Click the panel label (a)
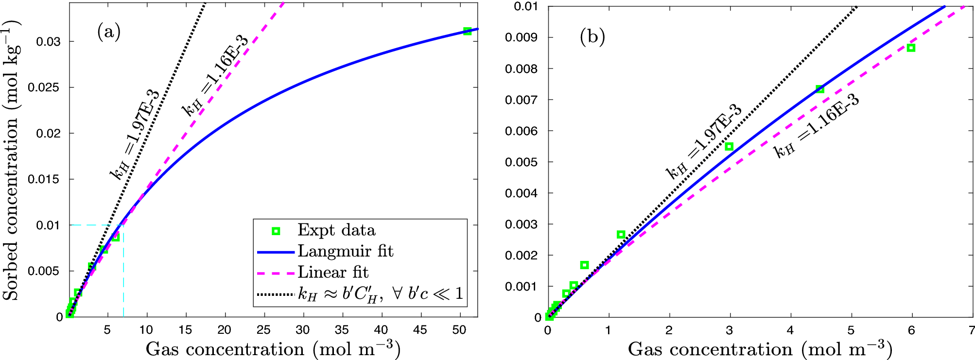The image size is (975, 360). pos(109,33)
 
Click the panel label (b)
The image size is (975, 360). pos(592,37)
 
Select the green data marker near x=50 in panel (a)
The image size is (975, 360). pos(467,31)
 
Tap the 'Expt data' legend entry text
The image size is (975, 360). pos(336,230)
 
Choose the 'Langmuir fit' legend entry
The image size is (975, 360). pos(345,251)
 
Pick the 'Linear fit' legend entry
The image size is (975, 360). pos(333,273)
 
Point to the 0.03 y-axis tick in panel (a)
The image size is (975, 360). pos(49,42)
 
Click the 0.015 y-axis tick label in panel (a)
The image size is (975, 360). pos(45,179)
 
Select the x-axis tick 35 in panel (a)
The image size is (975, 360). pos(342,330)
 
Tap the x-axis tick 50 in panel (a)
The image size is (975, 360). pos(459,330)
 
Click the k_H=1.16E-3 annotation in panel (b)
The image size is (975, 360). pos(817,126)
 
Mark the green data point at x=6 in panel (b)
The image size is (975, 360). pos(911,48)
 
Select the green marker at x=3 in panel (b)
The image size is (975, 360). pos(729,146)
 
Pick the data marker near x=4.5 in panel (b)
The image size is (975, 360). pos(820,89)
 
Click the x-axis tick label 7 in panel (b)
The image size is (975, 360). pos(971,330)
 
